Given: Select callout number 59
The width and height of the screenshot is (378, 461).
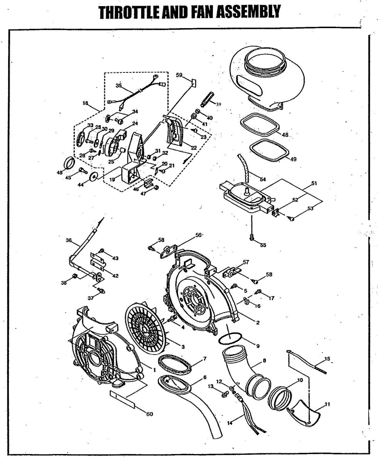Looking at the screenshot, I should (x=179, y=76).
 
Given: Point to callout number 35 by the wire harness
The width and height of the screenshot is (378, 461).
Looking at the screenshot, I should (x=118, y=86).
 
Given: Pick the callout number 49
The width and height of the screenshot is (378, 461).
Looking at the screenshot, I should (x=293, y=159).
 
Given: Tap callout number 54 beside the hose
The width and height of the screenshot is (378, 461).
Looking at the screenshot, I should (x=263, y=180).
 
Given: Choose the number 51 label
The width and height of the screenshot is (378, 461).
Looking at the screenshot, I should (x=314, y=183).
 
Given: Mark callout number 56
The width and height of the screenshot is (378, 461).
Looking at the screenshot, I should (x=199, y=235).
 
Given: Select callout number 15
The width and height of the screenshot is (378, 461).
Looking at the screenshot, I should (x=327, y=359).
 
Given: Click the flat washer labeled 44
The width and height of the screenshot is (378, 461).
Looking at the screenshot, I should (x=93, y=177).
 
